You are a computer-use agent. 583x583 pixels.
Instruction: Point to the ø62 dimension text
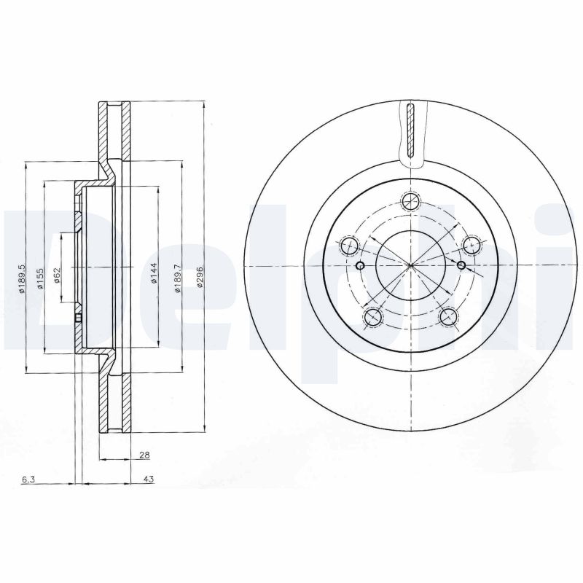coord(57,275)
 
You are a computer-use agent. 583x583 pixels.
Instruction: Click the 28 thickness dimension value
coord(144,455)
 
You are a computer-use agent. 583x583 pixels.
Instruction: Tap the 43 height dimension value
coord(148,479)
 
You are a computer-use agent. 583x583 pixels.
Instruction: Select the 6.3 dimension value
coord(28,479)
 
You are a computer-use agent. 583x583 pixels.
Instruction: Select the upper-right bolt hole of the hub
coord(472,245)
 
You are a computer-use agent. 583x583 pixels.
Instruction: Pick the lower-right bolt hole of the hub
coord(449,316)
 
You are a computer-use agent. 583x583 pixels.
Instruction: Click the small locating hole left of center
coord(359,265)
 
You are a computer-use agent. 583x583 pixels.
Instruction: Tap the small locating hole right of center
coord(461,265)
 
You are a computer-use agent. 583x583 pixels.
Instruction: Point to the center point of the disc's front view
coord(411,265)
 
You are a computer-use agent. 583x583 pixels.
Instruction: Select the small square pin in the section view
coord(78,318)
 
